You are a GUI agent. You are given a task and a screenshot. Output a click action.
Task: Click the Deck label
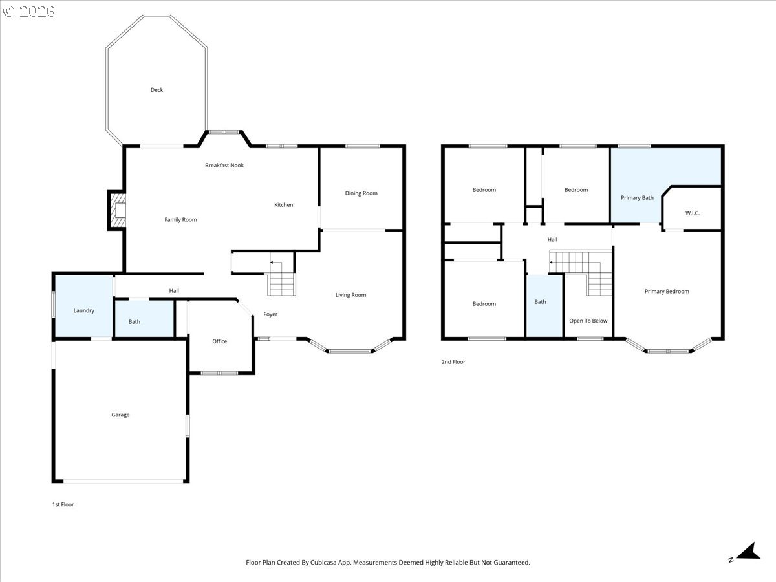pyautogui.click(x=156, y=90)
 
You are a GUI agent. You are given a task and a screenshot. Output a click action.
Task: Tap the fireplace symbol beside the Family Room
pyautogui.click(x=118, y=210)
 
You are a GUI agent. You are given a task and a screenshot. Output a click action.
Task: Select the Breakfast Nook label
pyautogui.click(x=224, y=166)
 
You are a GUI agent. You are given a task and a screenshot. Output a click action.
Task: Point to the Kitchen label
pyautogui.click(x=283, y=205)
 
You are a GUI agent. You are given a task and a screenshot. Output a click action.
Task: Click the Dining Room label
pyautogui.click(x=361, y=193)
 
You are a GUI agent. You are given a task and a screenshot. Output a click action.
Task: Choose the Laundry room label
pyautogui.click(x=84, y=310)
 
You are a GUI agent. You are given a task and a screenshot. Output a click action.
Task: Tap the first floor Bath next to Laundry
pyautogui.click(x=134, y=322)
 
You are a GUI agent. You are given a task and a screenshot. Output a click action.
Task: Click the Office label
pyautogui.click(x=220, y=341)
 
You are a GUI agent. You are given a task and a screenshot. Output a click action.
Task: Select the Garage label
pyautogui.click(x=120, y=415)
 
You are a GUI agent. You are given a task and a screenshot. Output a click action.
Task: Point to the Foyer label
pyautogui.click(x=270, y=314)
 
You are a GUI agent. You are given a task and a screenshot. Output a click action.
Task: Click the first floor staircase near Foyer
pyautogui.click(x=282, y=278)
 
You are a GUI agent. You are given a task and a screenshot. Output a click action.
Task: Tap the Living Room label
pyautogui.click(x=350, y=295)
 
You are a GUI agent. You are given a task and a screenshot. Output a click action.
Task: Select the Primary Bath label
pyautogui.click(x=637, y=198)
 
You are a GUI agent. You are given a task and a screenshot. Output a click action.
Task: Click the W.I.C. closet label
pyautogui.click(x=692, y=213)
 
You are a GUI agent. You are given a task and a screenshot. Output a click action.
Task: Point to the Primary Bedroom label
pyautogui.click(x=667, y=292)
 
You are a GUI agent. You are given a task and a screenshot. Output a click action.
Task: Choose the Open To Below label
pyautogui.click(x=588, y=321)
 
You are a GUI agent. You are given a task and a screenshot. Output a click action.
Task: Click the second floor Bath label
pyautogui.click(x=540, y=302)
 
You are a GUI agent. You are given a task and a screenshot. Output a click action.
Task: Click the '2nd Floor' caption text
pyautogui.click(x=453, y=362)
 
